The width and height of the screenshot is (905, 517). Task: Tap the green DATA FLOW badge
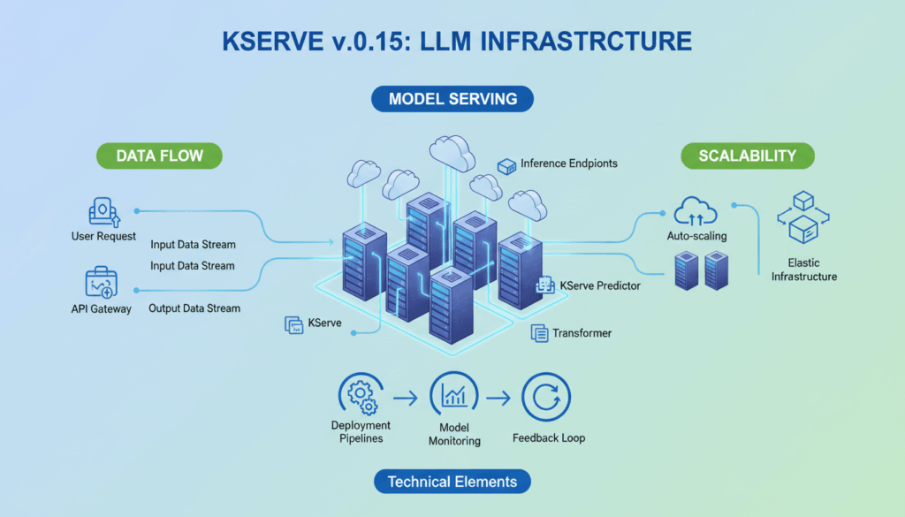coord(159,156)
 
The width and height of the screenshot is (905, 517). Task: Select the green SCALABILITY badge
coord(747,156)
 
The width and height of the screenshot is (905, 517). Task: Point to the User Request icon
coord(103,212)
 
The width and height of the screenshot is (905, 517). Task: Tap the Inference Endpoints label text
coord(568,163)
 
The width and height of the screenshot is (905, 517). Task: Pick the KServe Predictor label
coord(600,285)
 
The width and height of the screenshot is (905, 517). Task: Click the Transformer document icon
coord(539,333)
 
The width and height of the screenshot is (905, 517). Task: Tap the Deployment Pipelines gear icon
coord(361,395)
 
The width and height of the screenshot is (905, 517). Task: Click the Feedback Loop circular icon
coord(546,398)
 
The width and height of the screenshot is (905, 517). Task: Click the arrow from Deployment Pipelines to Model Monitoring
coord(406,399)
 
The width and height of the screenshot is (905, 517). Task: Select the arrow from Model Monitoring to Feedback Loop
coord(498,399)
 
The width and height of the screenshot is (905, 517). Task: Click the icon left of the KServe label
coord(293,325)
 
